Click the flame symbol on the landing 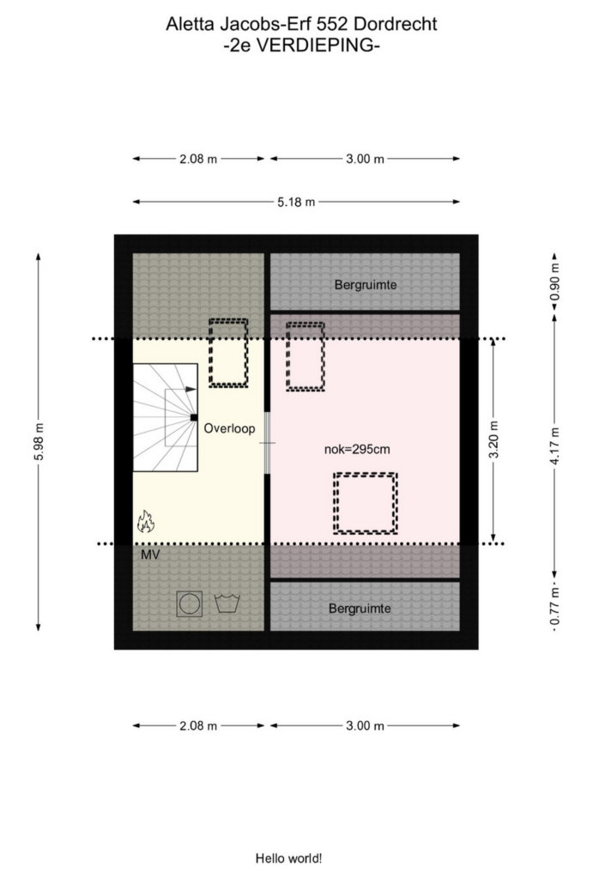point(146,521)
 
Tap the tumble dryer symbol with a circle point(190,603)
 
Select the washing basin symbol point(227,603)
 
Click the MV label point(150,555)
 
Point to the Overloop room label point(229,428)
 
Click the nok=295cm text point(357,449)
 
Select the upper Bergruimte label point(366,285)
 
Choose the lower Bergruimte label point(360,609)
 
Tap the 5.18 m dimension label point(296,202)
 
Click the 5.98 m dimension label point(39,442)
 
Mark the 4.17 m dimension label point(555,446)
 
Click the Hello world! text point(288,858)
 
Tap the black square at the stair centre point(193,417)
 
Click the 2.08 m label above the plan point(198,159)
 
